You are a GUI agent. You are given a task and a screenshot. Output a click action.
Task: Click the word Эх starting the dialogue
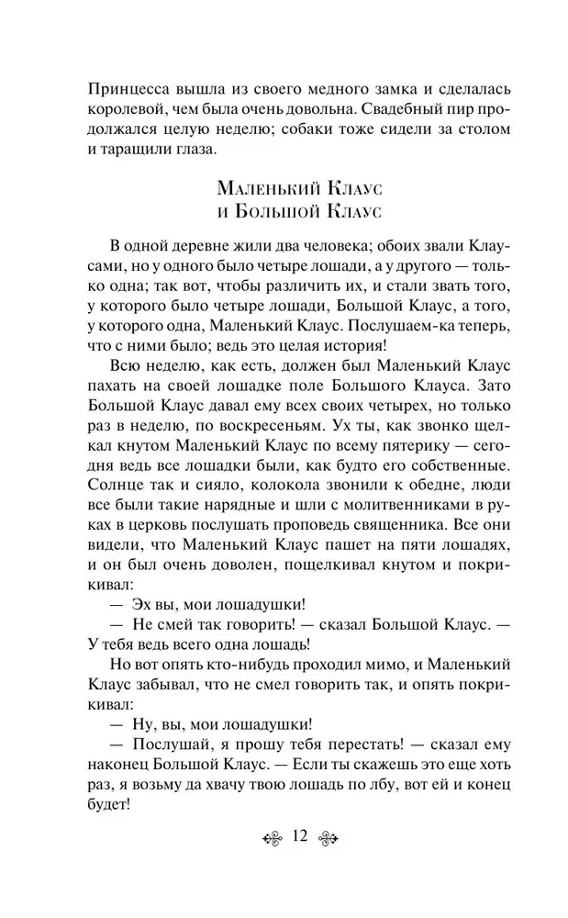[142, 630]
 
